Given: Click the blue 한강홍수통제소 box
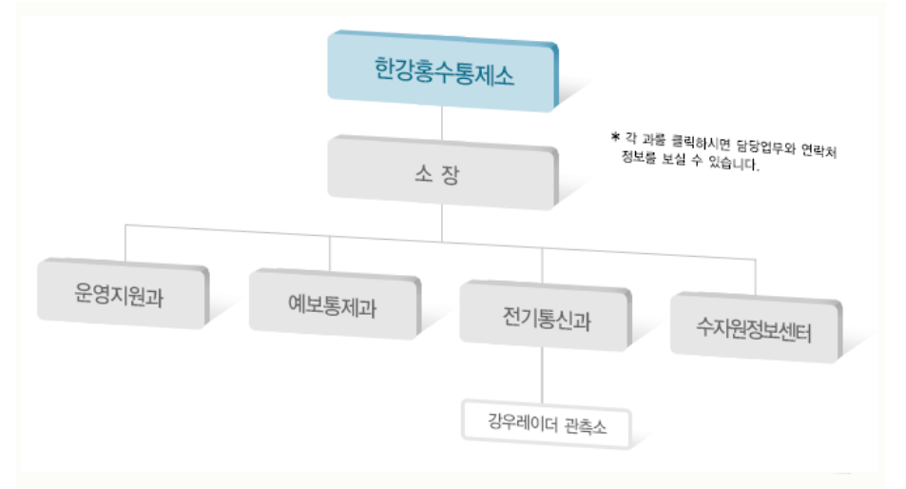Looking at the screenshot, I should pos(442,70).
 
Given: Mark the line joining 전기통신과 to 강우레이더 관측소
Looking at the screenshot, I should pos(543,373).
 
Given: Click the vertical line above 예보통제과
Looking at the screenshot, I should pos(330,253).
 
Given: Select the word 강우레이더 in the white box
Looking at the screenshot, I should pos(520,421).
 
